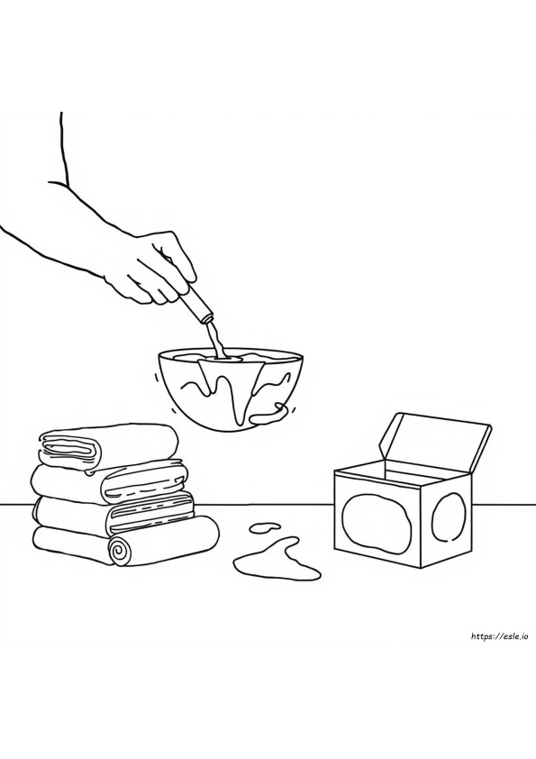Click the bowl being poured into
231,388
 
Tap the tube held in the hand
196,303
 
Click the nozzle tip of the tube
208,318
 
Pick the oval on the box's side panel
449,517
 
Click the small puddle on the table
264,526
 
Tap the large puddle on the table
277,559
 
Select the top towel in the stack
107,448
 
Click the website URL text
498,636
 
